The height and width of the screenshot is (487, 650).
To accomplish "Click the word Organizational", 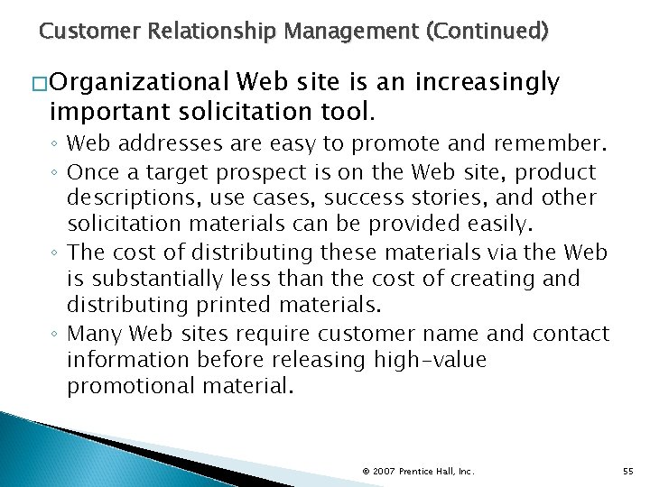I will tap(139, 84).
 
